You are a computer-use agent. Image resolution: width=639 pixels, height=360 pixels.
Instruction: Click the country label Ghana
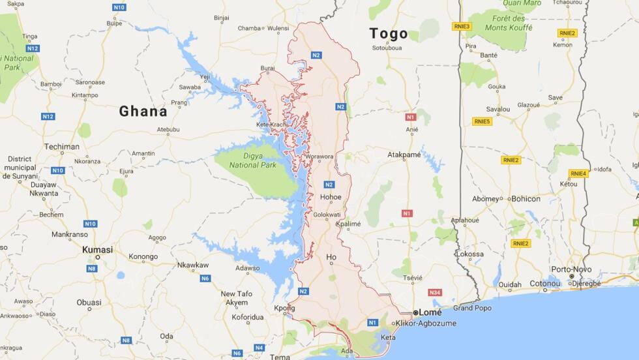(143, 112)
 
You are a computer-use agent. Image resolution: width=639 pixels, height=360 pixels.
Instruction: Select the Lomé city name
(430, 312)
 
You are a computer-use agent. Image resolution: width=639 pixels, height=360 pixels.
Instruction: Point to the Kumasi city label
(97, 250)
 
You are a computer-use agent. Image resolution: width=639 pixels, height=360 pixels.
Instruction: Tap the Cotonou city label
(544, 284)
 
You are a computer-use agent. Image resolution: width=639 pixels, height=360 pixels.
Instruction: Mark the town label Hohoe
(331, 197)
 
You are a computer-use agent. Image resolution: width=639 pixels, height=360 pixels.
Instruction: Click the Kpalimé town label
(348, 224)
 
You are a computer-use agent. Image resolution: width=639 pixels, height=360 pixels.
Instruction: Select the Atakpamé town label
(404, 155)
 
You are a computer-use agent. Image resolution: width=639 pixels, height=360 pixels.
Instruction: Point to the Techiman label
(61, 147)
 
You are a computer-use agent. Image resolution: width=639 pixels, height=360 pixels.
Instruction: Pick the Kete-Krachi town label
(273, 124)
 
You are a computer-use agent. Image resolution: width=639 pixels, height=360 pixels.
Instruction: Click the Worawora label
(319, 157)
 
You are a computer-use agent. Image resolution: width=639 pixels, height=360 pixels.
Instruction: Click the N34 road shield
(435, 293)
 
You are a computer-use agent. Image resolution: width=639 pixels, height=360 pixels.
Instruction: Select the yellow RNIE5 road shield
(482, 121)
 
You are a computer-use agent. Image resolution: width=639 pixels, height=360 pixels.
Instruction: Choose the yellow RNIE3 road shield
(462, 27)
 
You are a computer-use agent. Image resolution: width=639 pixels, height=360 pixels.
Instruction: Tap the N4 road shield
(259, 348)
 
